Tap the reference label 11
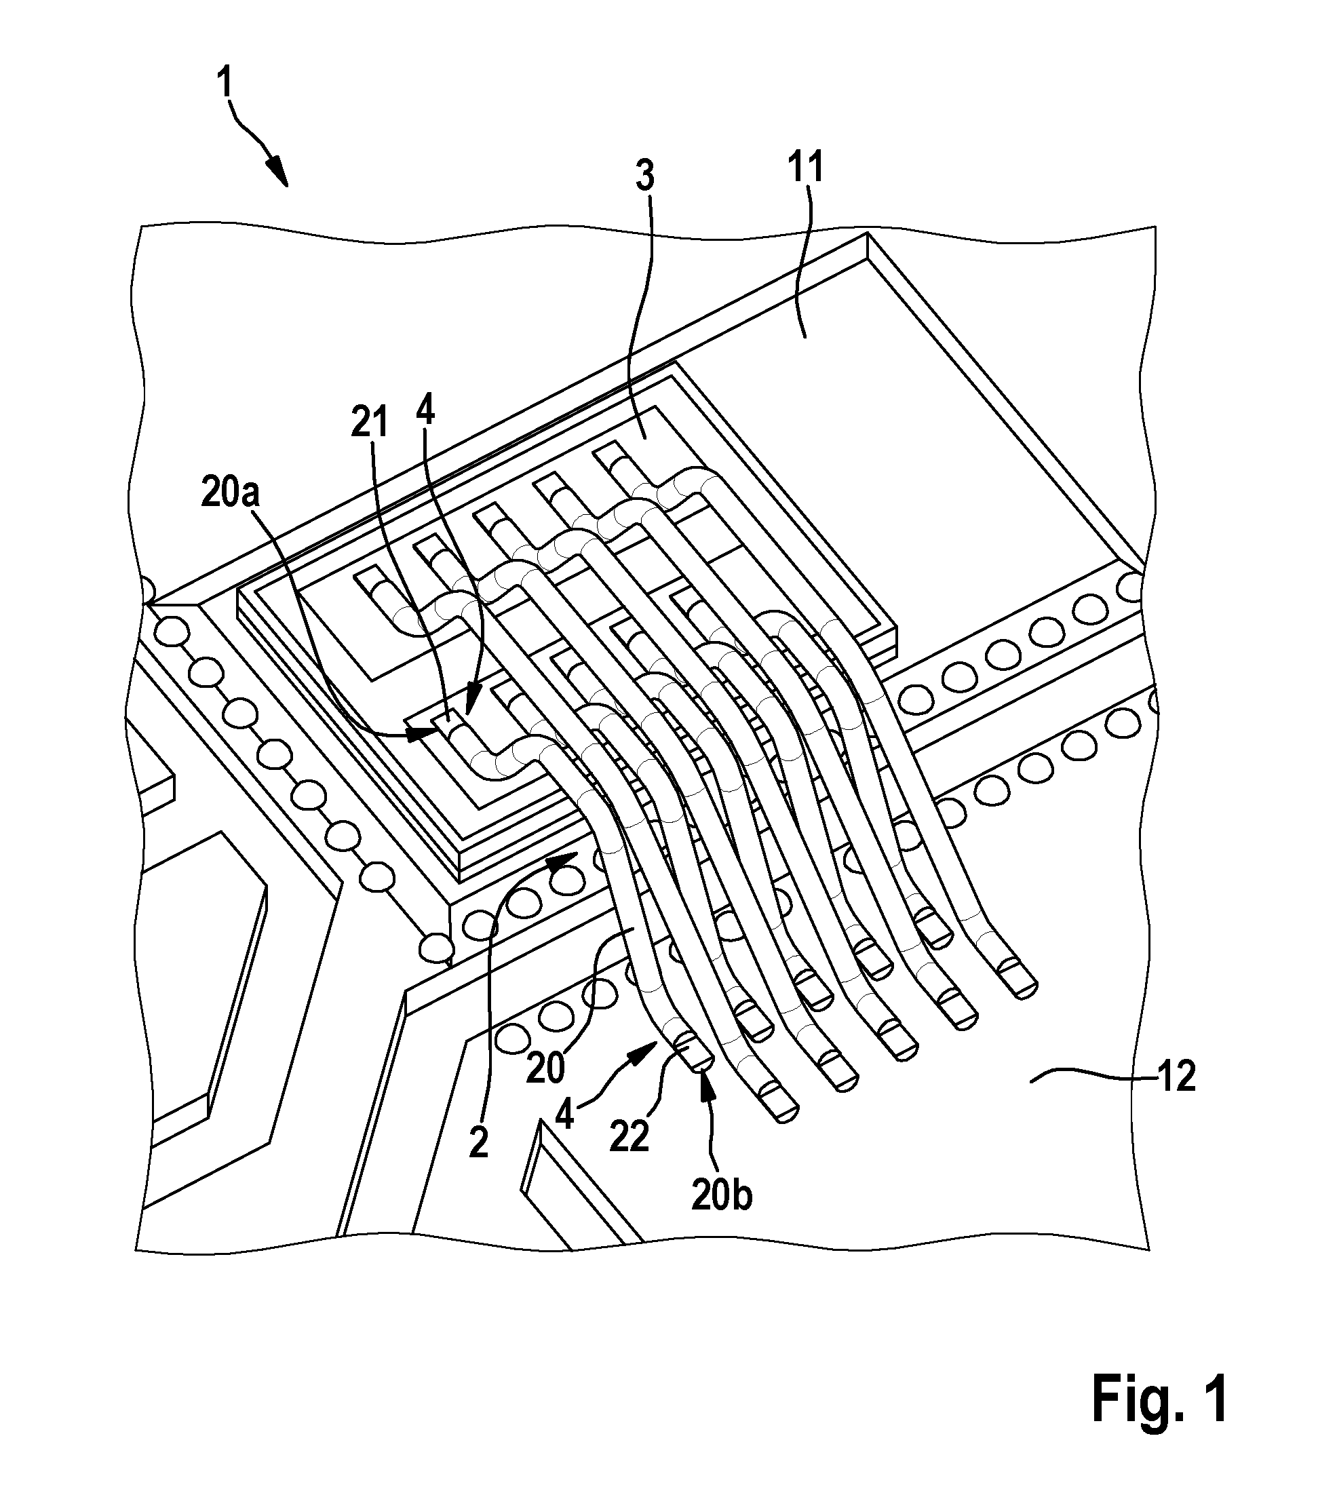805,169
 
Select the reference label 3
645,177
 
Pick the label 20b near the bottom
721,1195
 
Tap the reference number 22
629,1136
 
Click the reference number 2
480,1144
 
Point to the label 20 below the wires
546,1068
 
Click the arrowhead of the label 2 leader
562,858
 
